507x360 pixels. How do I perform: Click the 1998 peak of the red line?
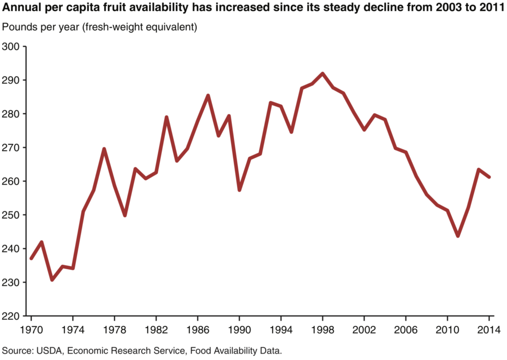click(x=322, y=74)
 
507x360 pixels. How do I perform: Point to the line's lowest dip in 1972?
click(x=52, y=280)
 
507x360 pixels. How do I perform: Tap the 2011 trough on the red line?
click(x=458, y=236)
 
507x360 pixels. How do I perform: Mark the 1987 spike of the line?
click(x=208, y=96)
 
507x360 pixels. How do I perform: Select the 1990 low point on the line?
click(x=239, y=190)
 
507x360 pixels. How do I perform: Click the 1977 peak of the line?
click(x=104, y=149)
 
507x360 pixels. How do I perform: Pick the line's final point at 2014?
click(x=489, y=177)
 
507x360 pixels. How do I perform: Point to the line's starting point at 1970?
click(x=31, y=258)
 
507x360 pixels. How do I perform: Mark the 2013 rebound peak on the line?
click(x=479, y=169)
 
